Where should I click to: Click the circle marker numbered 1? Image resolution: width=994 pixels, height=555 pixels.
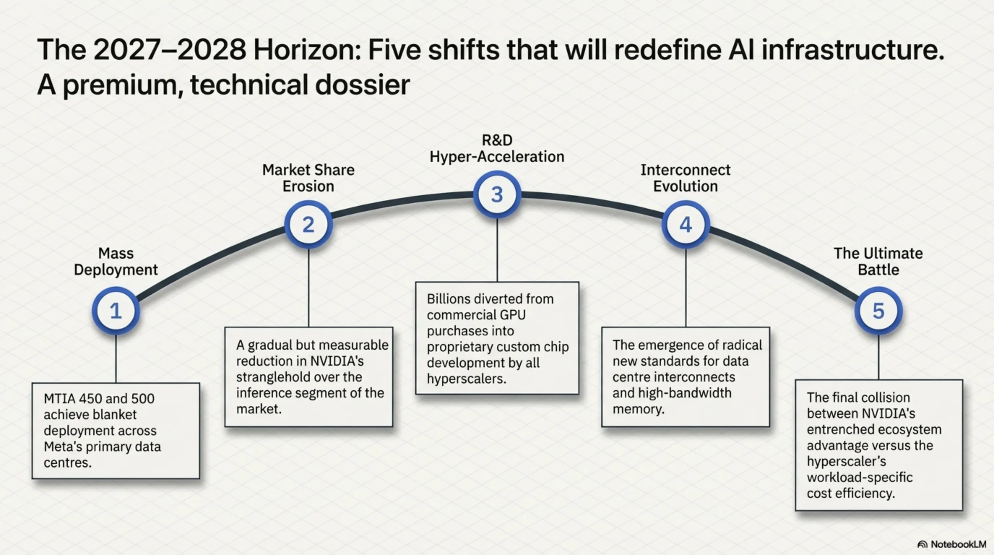[x=116, y=311]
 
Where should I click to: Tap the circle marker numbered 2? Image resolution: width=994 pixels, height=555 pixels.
[x=308, y=225]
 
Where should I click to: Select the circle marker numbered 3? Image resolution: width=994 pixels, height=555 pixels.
[x=497, y=194]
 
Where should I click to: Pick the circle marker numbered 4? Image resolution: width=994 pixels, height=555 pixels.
[x=686, y=225]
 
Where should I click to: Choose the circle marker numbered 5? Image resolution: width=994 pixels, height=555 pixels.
[x=879, y=311]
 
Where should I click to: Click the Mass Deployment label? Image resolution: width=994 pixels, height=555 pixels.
[x=116, y=261]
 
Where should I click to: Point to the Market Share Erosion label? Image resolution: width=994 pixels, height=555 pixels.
[x=308, y=178]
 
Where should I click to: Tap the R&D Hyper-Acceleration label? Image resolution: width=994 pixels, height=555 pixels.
[x=497, y=148]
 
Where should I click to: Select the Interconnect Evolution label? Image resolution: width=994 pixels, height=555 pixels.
[x=686, y=178]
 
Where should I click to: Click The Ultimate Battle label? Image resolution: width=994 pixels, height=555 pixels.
[x=879, y=261]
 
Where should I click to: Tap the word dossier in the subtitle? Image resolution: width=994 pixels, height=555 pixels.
[x=362, y=85]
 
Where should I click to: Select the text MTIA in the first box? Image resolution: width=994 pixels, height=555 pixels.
[x=57, y=398]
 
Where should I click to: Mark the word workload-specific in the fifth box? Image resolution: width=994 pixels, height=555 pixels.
[x=860, y=477]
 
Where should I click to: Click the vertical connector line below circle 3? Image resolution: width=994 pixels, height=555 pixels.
[x=497, y=250]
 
